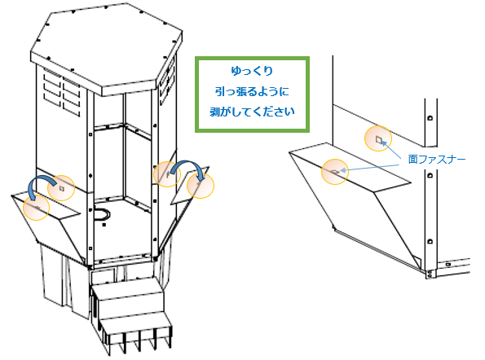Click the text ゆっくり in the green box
[x=252, y=71]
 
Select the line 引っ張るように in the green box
[x=252, y=91]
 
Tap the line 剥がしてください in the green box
[x=252, y=112]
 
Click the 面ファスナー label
[x=436, y=160]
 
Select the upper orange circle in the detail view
[x=378, y=138]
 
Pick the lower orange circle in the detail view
[x=335, y=172]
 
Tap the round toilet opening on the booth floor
[x=102, y=214]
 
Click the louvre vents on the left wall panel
[x=62, y=93]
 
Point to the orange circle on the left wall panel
[x=61, y=188]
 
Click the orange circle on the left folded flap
[x=36, y=208]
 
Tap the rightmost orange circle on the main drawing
[x=201, y=185]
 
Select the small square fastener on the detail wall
[x=378, y=139]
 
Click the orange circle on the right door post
[x=167, y=174]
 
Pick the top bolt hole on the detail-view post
[x=430, y=118]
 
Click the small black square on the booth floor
[x=104, y=225]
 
